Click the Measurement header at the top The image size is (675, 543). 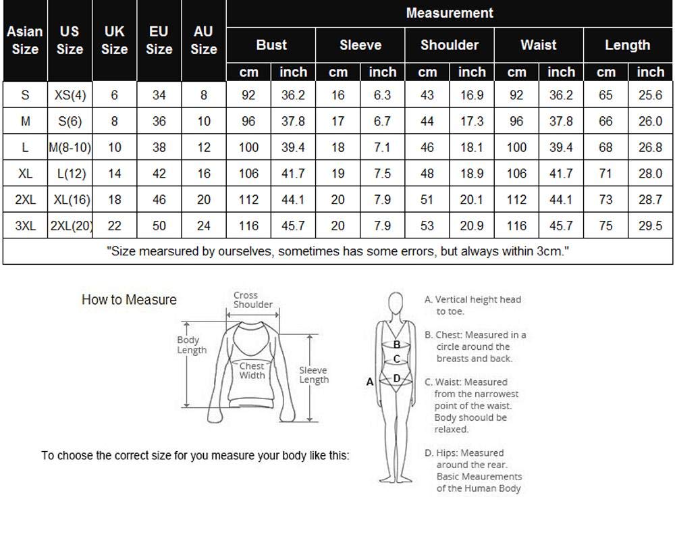coord(450,13)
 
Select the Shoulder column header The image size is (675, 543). coord(450,45)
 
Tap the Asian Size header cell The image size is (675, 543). coord(25,40)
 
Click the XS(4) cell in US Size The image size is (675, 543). coord(70,95)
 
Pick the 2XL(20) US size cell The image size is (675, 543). coord(70,226)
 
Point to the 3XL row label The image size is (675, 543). coord(25,226)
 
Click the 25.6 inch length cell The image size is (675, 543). coord(650,95)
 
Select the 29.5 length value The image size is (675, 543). coord(650,226)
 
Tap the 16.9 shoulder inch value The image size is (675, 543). coord(471,95)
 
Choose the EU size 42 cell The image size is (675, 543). coord(159,174)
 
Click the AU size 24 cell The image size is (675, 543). coord(203,226)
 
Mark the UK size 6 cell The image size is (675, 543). coord(114,95)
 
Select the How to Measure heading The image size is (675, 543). coord(129,300)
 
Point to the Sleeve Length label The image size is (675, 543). coord(314,375)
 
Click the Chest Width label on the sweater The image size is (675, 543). coord(252,371)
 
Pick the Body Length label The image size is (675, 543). coord(191,345)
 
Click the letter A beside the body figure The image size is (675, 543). coord(370,382)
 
